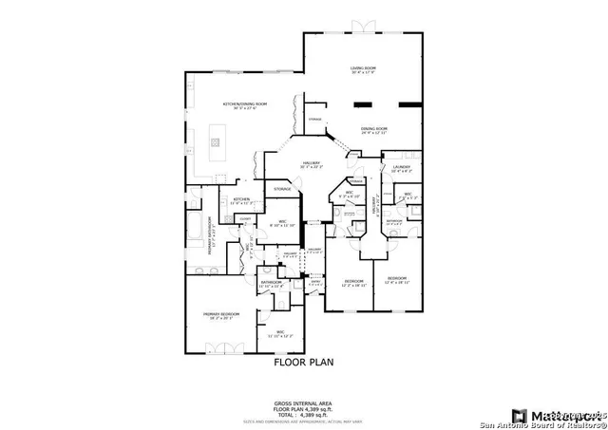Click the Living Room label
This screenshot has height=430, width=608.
[x=362, y=69]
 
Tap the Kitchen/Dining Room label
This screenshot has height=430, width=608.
[x=245, y=104]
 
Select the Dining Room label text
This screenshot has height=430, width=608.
[x=374, y=129]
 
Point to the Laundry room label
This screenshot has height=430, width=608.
[x=401, y=168]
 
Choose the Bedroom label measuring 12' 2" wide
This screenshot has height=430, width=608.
[x=355, y=282]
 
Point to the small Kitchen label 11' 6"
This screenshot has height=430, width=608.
[x=241, y=200]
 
